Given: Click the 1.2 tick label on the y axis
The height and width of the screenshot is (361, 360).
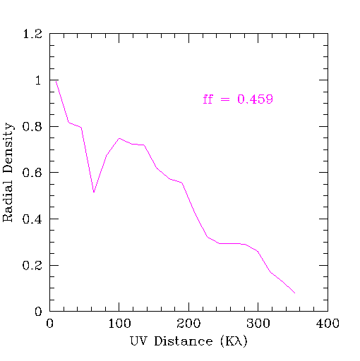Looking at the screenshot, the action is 32,34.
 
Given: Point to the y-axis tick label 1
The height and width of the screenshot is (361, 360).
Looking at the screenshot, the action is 38,80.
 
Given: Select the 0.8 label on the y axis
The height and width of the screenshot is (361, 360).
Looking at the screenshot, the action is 32,126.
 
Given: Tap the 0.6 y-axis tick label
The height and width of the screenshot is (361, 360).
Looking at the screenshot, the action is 32,173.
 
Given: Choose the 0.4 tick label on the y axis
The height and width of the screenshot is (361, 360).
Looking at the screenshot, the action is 32,219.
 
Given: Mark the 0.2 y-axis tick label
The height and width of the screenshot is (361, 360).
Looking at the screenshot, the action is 32,265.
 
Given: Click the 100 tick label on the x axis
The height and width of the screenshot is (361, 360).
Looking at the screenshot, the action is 119,324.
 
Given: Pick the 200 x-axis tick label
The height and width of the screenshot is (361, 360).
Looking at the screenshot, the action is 188,324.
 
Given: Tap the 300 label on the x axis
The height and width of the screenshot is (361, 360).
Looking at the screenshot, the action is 258,324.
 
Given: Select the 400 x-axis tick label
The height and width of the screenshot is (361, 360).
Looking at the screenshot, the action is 328,324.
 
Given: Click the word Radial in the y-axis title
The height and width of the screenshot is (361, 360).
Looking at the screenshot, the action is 7,201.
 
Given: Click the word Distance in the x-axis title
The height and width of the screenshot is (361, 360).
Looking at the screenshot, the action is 184,341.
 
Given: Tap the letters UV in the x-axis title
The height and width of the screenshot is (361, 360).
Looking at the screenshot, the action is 138,341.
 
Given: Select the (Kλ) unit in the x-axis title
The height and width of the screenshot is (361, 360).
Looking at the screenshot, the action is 234,341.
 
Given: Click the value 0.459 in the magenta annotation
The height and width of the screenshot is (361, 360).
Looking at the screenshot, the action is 255,99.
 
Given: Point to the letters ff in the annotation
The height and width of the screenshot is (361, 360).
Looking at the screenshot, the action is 208,99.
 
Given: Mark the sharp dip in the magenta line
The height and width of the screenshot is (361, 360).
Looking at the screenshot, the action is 94,192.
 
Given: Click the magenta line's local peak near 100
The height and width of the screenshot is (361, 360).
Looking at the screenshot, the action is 119,138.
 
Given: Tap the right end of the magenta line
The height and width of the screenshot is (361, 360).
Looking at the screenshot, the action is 295,293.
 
